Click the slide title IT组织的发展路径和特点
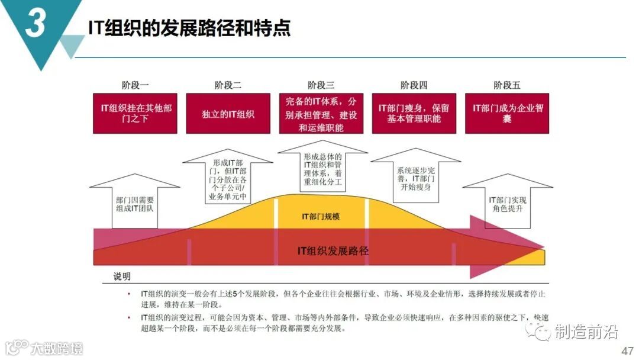pyautogui.click(x=189, y=28)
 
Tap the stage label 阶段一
pyautogui.click(x=135, y=85)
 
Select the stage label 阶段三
pyautogui.click(x=321, y=85)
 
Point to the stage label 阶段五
pyautogui.click(x=507, y=85)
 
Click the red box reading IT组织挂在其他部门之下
pyautogui.click(x=135, y=113)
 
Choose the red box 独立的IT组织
pyautogui.click(x=228, y=113)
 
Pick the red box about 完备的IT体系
pyautogui.click(x=321, y=113)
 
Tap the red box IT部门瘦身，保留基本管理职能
pyautogui.click(x=414, y=113)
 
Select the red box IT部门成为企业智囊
pyautogui.click(x=507, y=113)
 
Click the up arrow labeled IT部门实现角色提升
pyautogui.click(x=507, y=204)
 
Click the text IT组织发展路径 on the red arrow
pyautogui.click(x=333, y=250)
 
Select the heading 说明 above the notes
pyautogui.click(x=122, y=277)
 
